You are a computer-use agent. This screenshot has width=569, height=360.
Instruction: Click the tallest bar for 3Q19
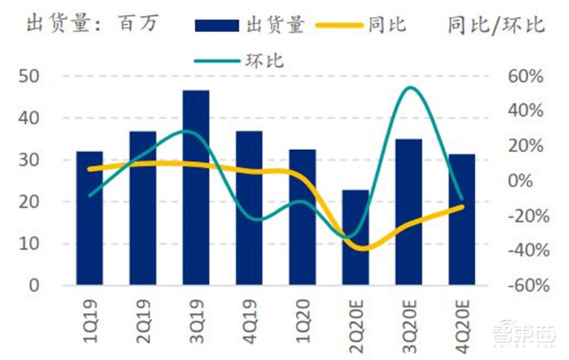point(196,188)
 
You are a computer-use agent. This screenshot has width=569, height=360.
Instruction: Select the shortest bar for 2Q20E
point(356,238)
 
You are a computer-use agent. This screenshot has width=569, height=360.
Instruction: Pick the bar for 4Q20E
point(462,220)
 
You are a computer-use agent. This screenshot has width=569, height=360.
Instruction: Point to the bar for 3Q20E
point(409,212)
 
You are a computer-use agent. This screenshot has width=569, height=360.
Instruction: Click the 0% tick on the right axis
point(532,181)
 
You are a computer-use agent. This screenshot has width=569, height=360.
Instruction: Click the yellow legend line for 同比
point(338,26)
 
